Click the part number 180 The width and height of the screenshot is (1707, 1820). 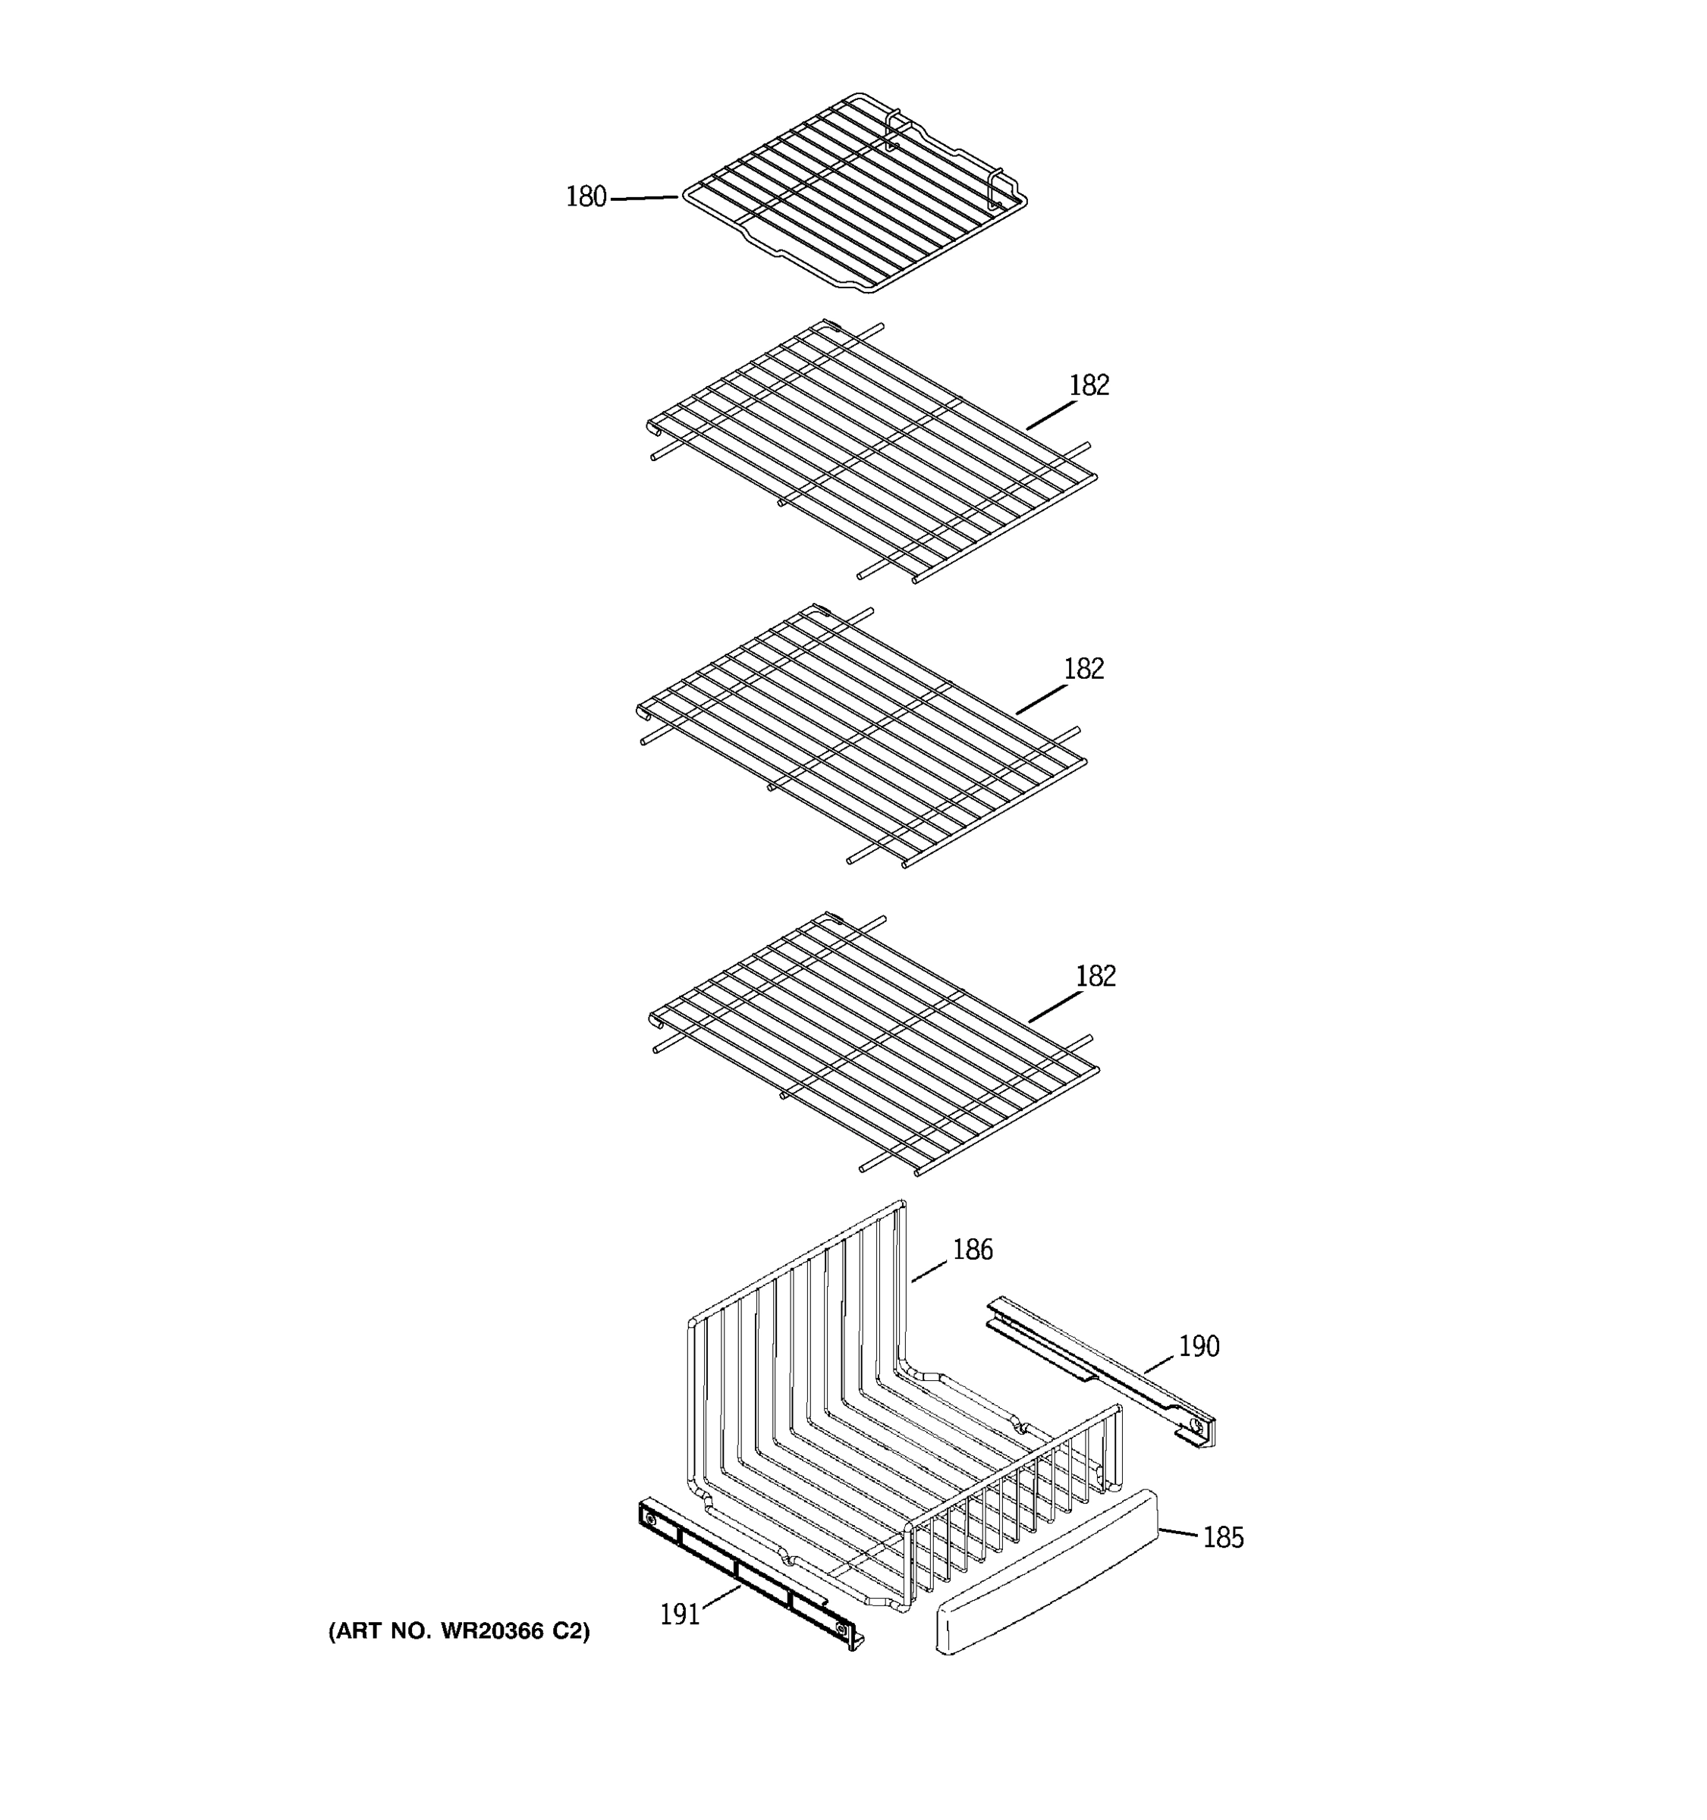(586, 197)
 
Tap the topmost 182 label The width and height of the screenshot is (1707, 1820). (1089, 385)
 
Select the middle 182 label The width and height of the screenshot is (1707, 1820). (1083, 669)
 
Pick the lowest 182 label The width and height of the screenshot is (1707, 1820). (1096, 976)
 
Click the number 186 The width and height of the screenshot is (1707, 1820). (973, 1250)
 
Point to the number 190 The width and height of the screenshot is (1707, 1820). (1199, 1346)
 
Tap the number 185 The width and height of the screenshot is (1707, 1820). (1222, 1537)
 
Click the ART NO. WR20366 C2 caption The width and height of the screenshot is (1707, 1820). (459, 1630)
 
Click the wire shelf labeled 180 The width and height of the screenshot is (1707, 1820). (852, 193)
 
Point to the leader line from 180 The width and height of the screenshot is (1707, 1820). (644, 197)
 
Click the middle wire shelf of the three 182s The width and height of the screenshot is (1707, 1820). (861, 737)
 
